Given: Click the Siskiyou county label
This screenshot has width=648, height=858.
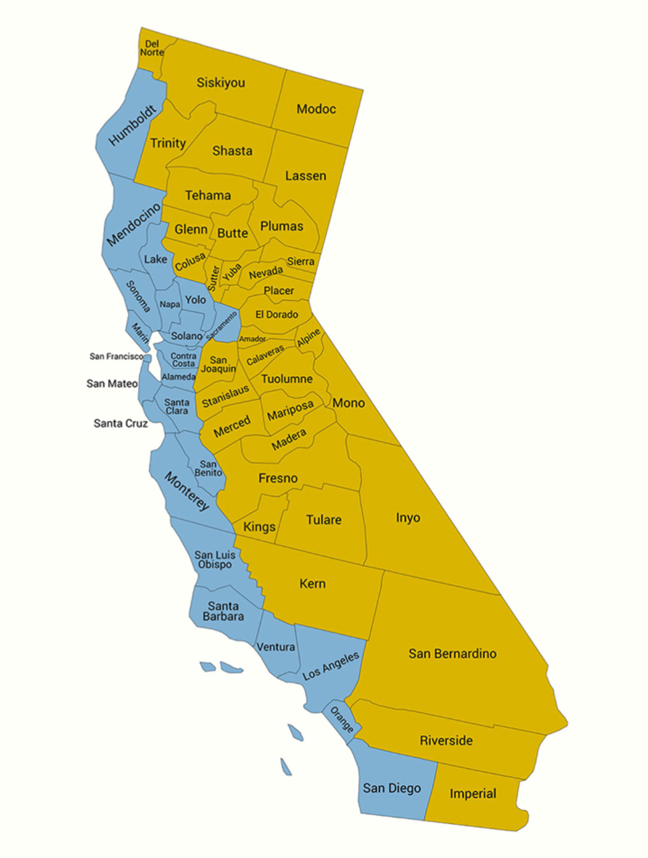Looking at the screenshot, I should [x=221, y=83].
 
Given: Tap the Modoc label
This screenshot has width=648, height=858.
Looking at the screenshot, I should [x=316, y=109].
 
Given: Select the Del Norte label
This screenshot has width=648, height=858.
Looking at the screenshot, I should [x=152, y=48].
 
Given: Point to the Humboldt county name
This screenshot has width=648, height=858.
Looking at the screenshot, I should [x=133, y=125].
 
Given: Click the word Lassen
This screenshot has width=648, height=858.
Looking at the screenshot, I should [x=305, y=176].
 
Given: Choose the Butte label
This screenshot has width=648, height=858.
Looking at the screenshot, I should [x=232, y=233].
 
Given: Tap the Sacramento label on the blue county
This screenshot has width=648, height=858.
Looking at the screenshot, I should [x=222, y=326].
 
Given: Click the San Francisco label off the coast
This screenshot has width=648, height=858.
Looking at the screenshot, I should [x=116, y=356].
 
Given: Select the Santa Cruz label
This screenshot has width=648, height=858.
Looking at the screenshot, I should [x=120, y=423].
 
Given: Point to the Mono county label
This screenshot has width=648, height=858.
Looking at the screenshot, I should [x=348, y=403].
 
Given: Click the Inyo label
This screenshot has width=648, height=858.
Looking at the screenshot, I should [x=408, y=518].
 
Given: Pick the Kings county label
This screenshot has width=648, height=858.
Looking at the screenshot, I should [x=259, y=527].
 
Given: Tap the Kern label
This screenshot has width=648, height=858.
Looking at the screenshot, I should [x=312, y=584].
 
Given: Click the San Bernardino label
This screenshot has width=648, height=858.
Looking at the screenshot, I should [x=452, y=653].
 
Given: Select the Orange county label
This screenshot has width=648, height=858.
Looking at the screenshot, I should [x=342, y=720].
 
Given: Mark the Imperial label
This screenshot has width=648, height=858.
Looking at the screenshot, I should [x=473, y=794].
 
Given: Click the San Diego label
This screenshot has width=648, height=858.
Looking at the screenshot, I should [x=391, y=788].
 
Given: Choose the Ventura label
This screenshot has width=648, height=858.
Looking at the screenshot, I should [x=276, y=647].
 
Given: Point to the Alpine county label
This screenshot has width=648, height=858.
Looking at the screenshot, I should [x=309, y=338].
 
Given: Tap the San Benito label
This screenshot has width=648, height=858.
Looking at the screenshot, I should [x=208, y=469].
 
